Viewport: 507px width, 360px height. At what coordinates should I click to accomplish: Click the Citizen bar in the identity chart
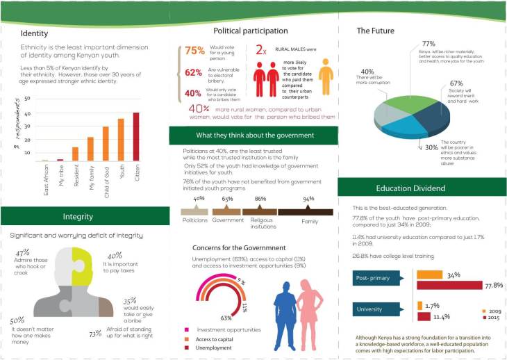[135, 137]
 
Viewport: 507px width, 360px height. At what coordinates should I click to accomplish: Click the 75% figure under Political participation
[194, 50]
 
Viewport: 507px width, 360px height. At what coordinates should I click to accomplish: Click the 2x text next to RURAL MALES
[261, 50]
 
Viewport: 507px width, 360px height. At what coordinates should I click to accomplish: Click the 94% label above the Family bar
[308, 199]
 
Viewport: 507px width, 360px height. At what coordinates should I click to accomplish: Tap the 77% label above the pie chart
[429, 45]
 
